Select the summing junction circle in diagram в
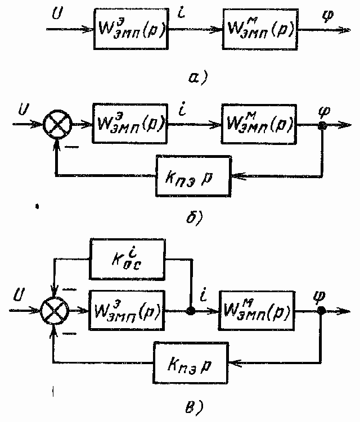coord(55,311)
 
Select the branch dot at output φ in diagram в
coord(322,311)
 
